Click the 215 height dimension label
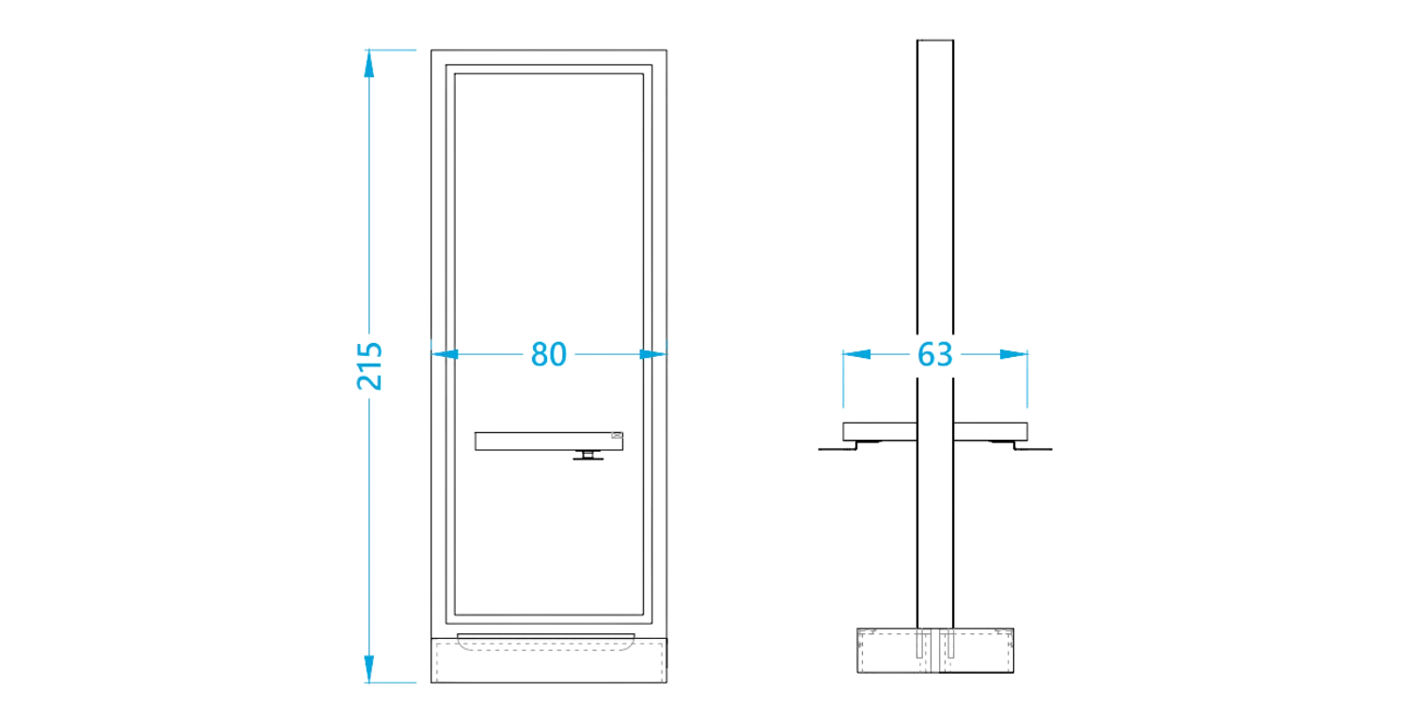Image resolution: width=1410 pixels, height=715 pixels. [369, 365]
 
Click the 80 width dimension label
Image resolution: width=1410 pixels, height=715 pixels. [548, 354]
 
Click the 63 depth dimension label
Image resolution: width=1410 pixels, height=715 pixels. [934, 354]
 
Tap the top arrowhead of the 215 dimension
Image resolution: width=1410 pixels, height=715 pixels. [368, 64]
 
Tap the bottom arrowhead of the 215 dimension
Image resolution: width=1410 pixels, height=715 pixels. [368, 668]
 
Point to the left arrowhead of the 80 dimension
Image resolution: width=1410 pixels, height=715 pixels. [445, 354]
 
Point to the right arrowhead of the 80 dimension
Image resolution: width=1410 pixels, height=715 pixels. [652, 354]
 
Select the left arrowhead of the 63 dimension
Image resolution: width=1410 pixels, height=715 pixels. [856, 354]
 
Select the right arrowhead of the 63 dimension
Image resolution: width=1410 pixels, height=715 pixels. [1013, 354]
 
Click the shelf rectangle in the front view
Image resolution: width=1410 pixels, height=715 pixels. [549, 442]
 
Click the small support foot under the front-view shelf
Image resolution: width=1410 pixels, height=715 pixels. [587, 456]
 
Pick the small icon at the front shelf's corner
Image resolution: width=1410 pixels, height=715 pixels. [617, 435]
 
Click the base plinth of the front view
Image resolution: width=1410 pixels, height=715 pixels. [549, 661]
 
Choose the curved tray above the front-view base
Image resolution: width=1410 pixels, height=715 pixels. [546, 642]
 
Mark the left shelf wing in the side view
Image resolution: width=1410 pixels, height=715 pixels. [880, 432]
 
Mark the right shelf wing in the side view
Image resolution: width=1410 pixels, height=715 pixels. [991, 432]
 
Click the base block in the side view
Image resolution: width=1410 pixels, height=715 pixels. [935, 651]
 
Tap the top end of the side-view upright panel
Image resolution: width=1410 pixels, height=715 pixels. [935, 40]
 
